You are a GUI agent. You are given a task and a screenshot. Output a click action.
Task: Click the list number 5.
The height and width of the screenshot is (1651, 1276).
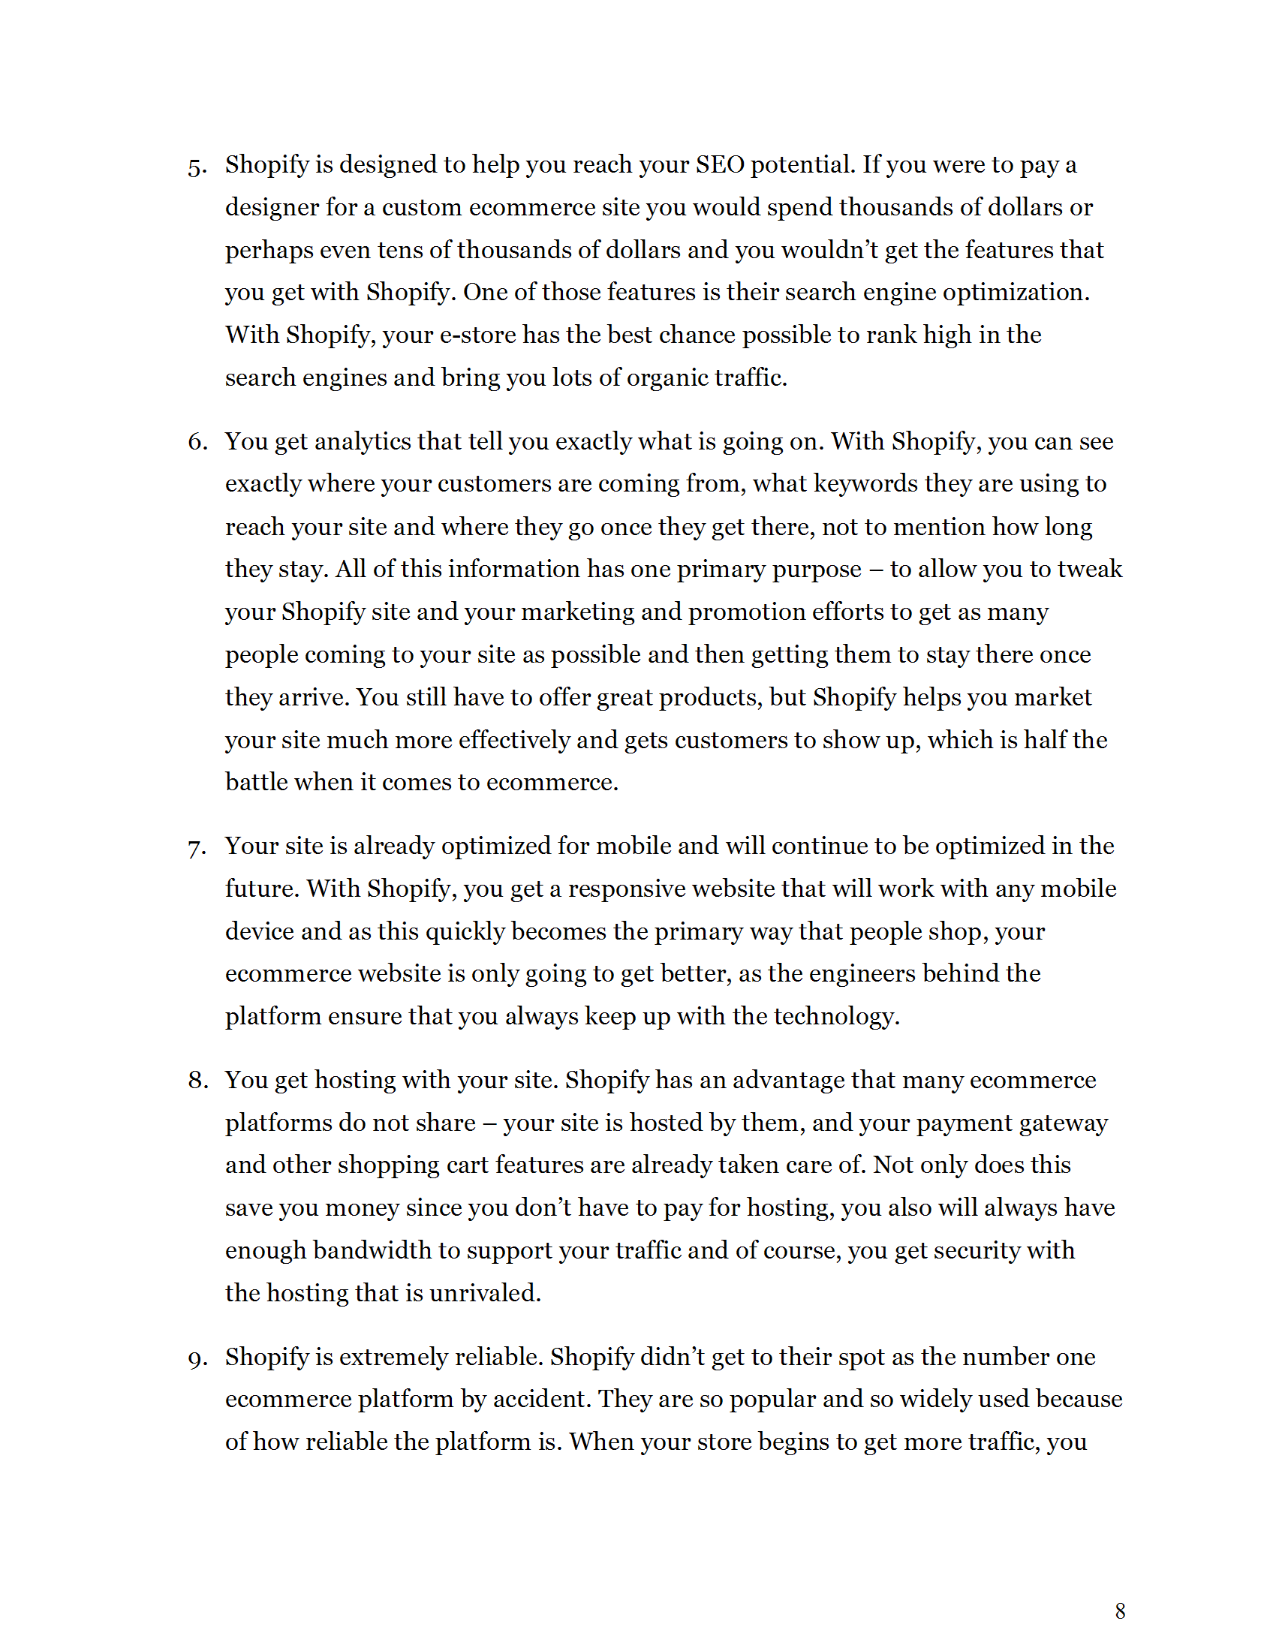click(196, 167)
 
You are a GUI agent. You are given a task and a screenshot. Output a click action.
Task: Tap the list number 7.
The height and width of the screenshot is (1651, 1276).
click(196, 848)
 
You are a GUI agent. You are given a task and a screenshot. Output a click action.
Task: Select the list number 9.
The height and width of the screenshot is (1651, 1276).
click(196, 1359)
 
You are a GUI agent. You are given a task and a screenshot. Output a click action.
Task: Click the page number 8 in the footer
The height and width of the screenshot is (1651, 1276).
click(1120, 1611)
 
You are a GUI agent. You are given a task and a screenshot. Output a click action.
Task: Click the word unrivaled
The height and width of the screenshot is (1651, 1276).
click(485, 1294)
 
